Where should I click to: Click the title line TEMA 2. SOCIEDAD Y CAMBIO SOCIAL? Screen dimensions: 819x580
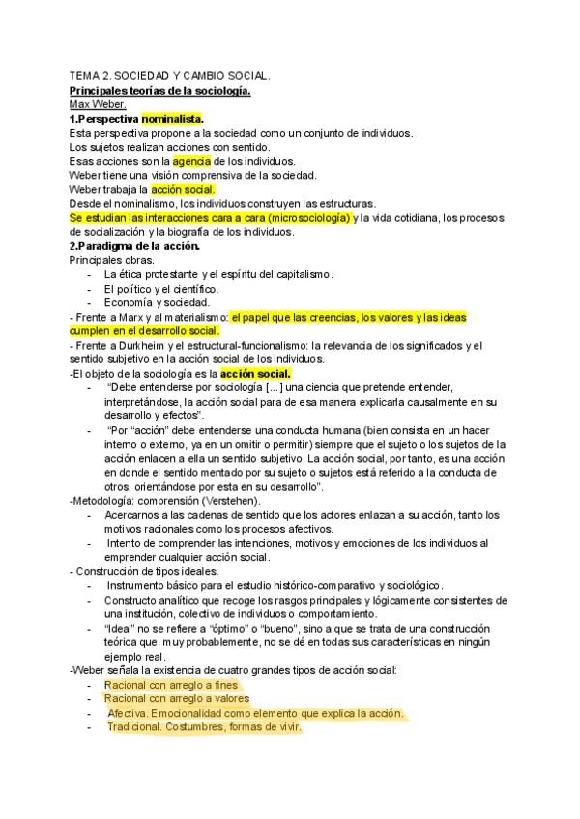[170, 76]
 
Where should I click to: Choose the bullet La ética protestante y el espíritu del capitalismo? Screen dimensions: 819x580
[219, 274]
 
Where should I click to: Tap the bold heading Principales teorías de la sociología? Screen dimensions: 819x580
[160, 91]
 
